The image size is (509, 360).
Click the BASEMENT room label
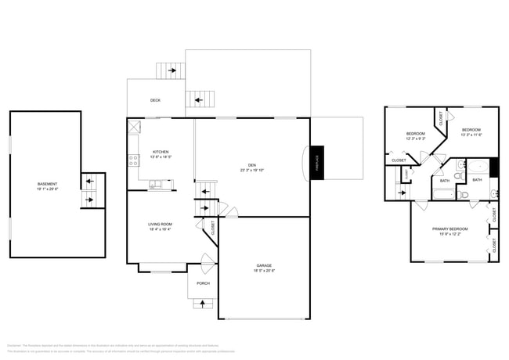click(47, 185)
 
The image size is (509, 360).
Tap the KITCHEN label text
click(161, 152)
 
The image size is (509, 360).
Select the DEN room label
click(252, 165)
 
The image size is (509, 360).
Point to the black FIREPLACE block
click(317, 163)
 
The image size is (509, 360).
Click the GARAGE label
click(264, 266)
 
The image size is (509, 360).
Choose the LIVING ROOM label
click(160, 225)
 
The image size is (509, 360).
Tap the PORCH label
click(203, 283)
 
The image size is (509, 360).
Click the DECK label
click(156, 100)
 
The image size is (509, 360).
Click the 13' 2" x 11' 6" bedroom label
click(471, 131)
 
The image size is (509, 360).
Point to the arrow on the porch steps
click(204, 303)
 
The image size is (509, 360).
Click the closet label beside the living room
click(212, 227)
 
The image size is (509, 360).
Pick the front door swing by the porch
click(206, 263)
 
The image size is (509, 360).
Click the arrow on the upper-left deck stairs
click(171, 70)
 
